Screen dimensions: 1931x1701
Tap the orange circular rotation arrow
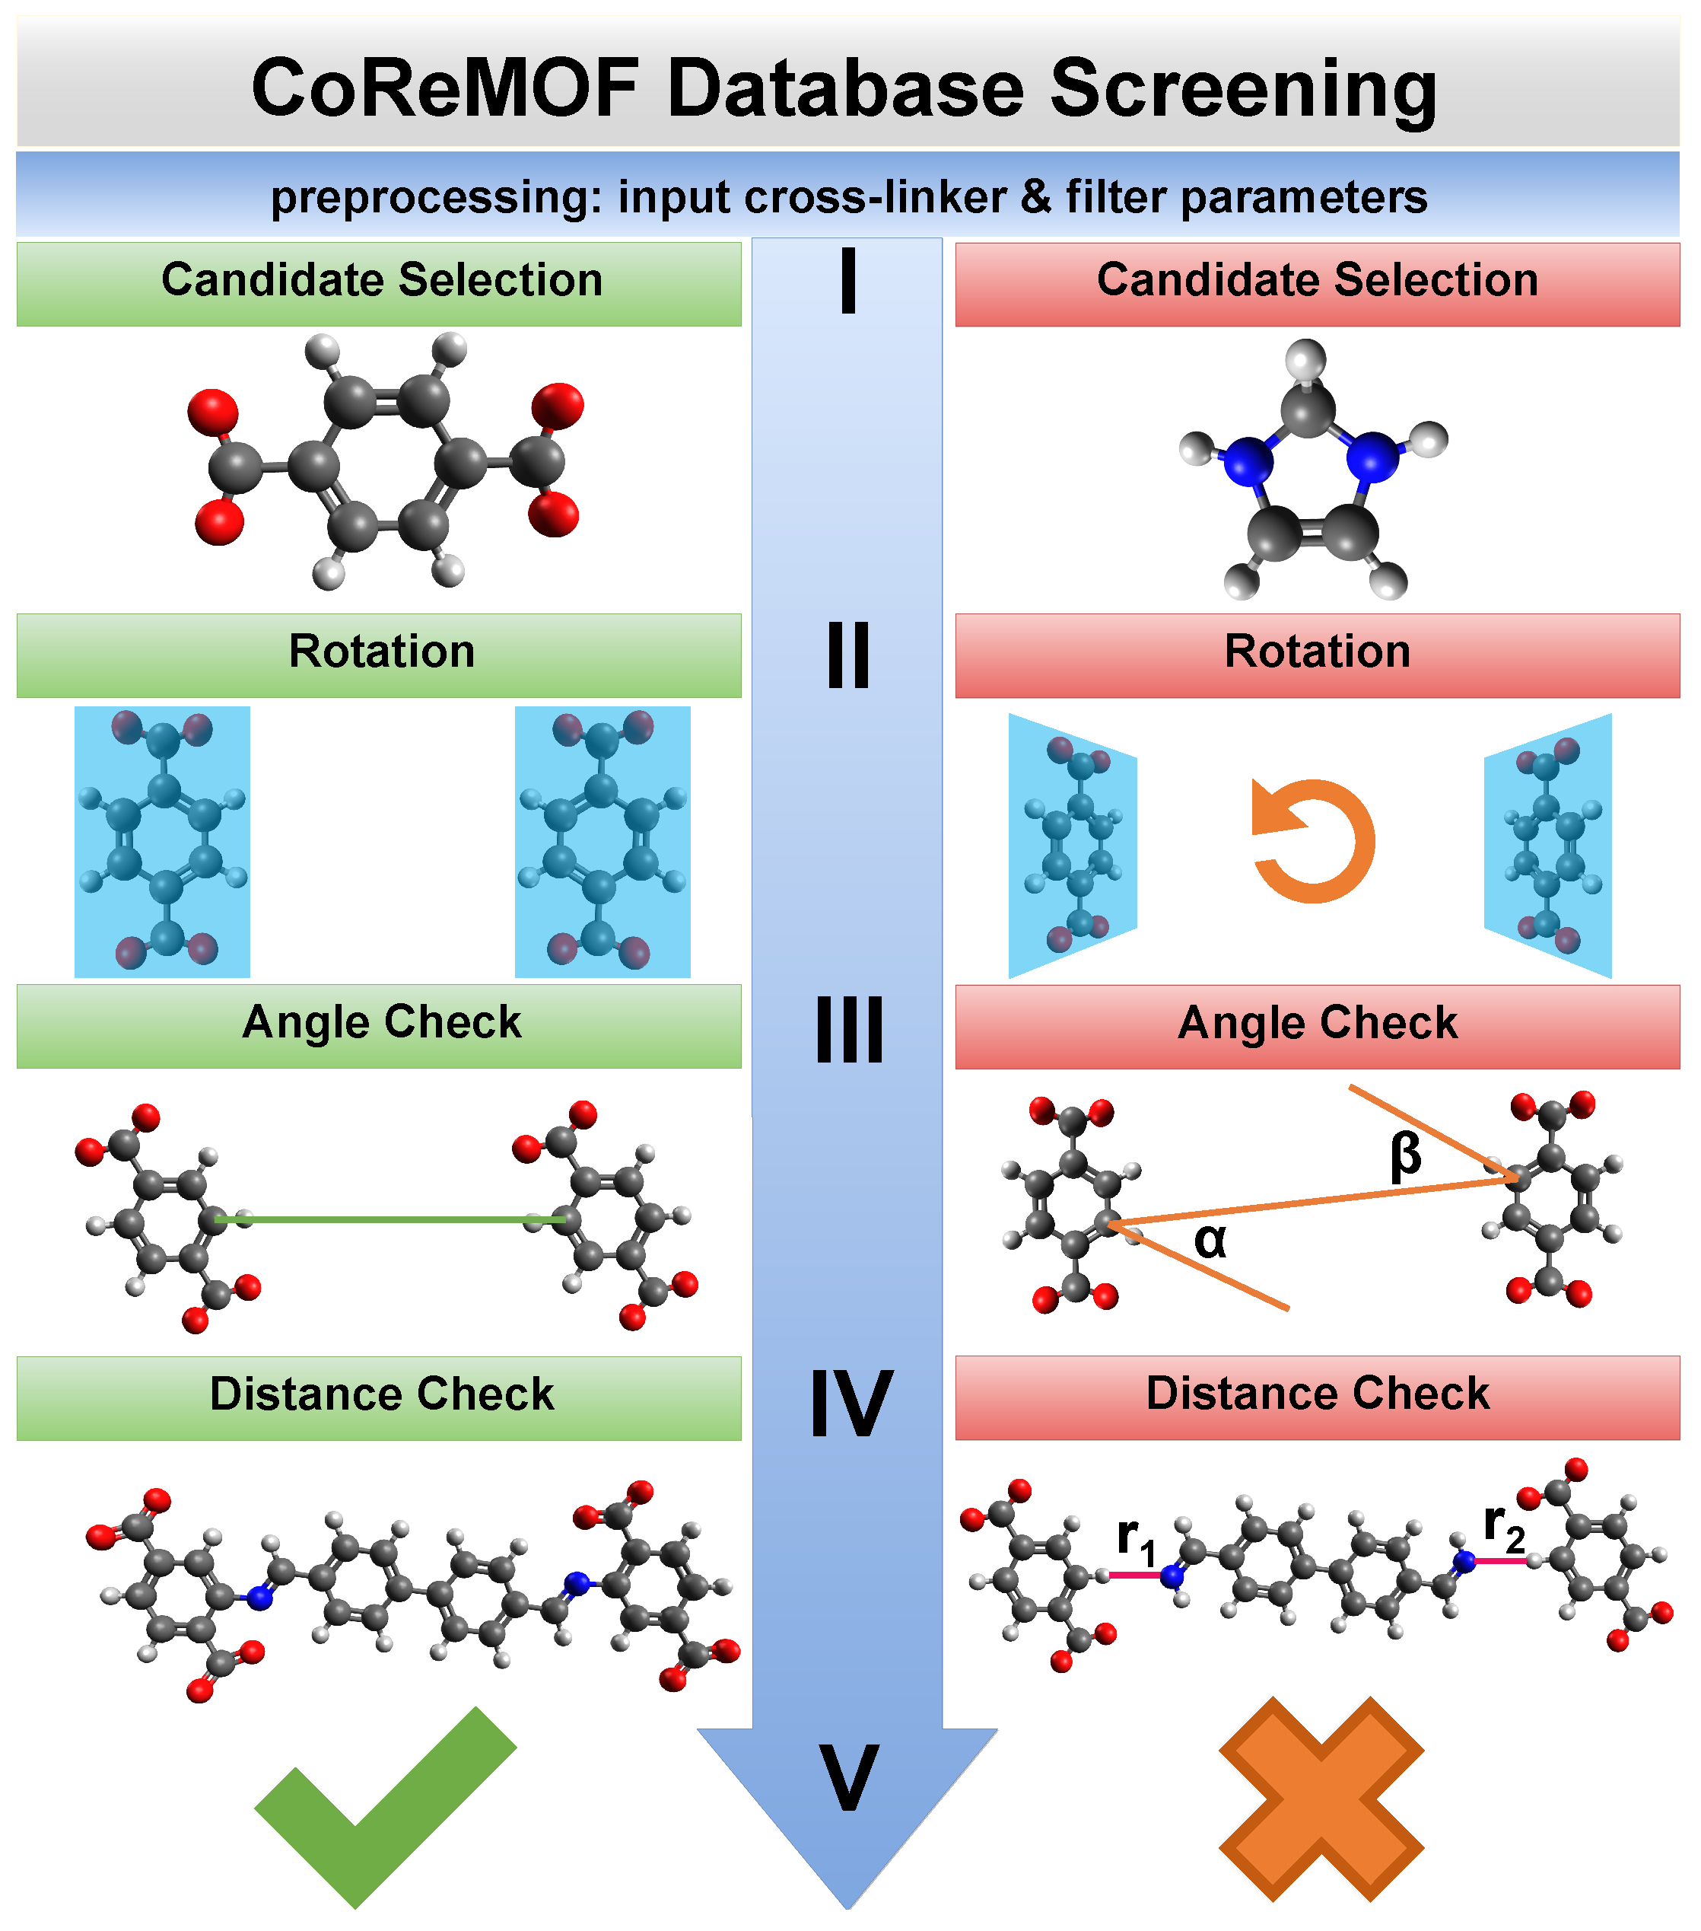(1313, 841)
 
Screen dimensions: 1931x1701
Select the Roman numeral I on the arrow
(848, 281)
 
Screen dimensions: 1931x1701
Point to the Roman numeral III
(848, 1030)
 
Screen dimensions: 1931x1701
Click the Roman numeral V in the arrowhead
(848, 1778)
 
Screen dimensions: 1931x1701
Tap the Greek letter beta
(1405, 1156)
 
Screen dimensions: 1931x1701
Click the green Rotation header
(380, 652)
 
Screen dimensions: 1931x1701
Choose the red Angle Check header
(1317, 1024)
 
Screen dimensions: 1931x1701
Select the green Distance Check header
(380, 1394)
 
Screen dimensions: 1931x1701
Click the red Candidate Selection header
(1317, 281)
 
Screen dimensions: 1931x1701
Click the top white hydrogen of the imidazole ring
(1306, 359)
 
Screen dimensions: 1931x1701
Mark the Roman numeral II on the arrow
(848, 655)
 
